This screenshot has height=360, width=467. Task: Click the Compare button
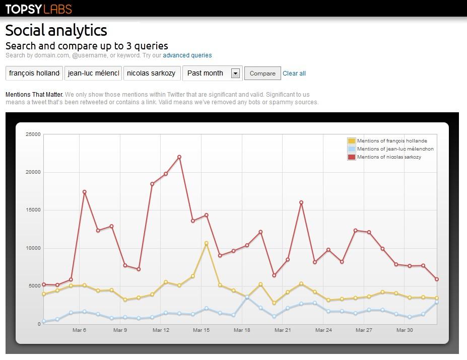[x=262, y=74]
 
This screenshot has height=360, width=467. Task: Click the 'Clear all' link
[x=294, y=74]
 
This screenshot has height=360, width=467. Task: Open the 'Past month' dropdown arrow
[x=235, y=74]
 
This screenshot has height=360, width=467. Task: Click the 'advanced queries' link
[x=187, y=55]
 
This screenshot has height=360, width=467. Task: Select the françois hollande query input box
[x=34, y=73]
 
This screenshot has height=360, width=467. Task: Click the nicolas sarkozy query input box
[x=151, y=73]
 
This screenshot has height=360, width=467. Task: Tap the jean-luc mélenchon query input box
[x=93, y=73]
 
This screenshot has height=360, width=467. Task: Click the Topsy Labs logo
[x=39, y=9]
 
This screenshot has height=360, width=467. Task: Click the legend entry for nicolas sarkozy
[x=389, y=157]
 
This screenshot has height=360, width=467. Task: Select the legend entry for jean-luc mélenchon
[x=395, y=149]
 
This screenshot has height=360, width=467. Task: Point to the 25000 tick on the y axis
[x=33, y=134]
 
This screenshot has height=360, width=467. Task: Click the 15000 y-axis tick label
[x=33, y=210]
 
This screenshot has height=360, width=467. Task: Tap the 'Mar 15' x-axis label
[x=201, y=330]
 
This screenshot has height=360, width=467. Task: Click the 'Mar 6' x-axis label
[x=79, y=330]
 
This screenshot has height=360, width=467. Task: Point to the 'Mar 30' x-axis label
[x=404, y=330]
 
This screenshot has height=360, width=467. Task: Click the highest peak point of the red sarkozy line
[x=179, y=157]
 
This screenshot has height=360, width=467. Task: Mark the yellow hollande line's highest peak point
[x=206, y=243]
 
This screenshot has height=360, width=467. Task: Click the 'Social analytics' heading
[x=56, y=30]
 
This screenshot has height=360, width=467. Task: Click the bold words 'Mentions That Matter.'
[x=34, y=94]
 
